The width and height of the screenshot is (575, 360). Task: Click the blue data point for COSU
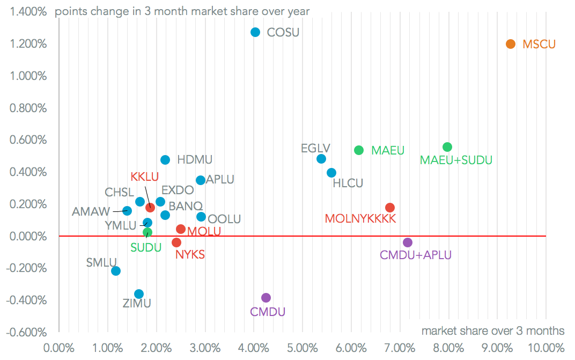pyautogui.click(x=255, y=32)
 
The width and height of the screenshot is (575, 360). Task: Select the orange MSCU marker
pyautogui.click(x=511, y=44)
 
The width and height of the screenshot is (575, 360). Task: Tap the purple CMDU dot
pyautogui.click(x=266, y=298)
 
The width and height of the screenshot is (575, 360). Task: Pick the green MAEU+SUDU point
pyautogui.click(x=447, y=147)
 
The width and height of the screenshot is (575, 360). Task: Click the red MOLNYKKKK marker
pyautogui.click(x=390, y=208)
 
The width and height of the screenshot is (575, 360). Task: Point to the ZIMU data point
pyautogui.click(x=139, y=294)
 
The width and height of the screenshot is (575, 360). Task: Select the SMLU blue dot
pyautogui.click(x=116, y=271)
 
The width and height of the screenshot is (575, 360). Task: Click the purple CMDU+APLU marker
pyautogui.click(x=408, y=243)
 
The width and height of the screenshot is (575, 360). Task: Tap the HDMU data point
pyautogui.click(x=165, y=160)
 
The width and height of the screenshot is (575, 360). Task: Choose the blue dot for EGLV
pyautogui.click(x=321, y=159)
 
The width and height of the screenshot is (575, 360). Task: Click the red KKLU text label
pyautogui.click(x=144, y=177)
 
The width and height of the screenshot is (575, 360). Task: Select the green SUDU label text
pyautogui.click(x=146, y=247)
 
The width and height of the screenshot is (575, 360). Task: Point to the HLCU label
pyautogui.click(x=348, y=183)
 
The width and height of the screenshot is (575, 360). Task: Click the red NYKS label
pyautogui.click(x=190, y=254)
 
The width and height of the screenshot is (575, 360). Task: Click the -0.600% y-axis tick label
pyautogui.click(x=27, y=333)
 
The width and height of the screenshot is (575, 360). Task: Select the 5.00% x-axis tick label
pyautogui.click(x=303, y=347)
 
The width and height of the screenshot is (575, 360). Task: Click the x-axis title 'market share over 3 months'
pyautogui.click(x=493, y=330)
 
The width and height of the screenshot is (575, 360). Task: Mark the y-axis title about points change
pyautogui.click(x=182, y=11)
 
